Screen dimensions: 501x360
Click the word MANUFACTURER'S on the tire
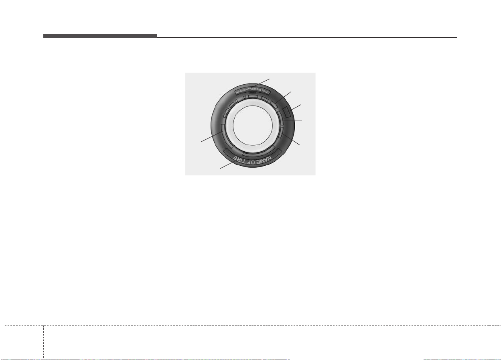pyautogui.click(x=248, y=91)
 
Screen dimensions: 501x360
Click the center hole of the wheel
pyautogui.click(x=253, y=125)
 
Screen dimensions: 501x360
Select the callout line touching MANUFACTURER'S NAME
pyautogui.click(x=260, y=83)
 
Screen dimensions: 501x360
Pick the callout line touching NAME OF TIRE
pyautogui.click(x=228, y=165)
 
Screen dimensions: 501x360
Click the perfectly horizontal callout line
pyautogui.click(x=292, y=120)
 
